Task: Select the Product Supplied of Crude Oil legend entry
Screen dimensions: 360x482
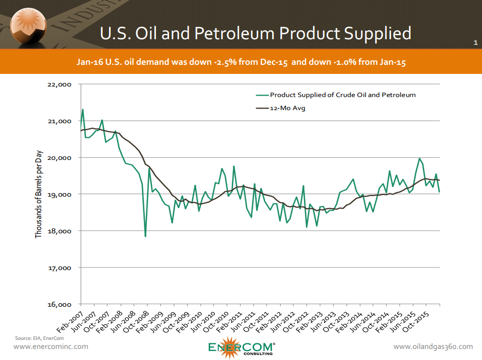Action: (x=343, y=95)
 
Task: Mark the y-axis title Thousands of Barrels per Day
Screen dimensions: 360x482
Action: (x=39, y=195)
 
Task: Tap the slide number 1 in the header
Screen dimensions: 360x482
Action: (x=475, y=43)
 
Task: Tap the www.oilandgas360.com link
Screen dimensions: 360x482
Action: (x=433, y=346)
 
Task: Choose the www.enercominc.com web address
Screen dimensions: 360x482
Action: (x=51, y=346)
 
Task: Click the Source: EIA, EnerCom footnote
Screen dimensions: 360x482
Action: (x=35, y=337)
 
